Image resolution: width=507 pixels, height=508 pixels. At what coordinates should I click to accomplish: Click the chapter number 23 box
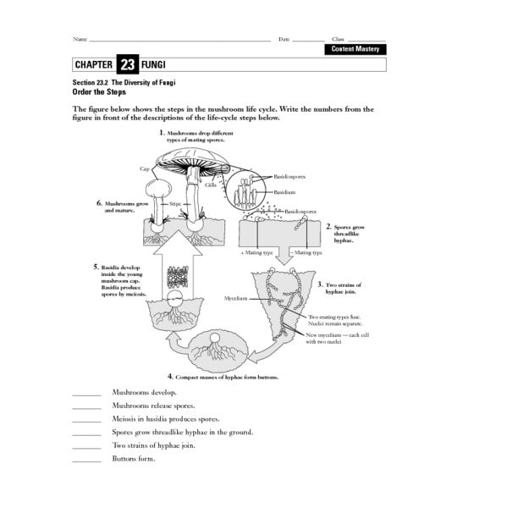(x=128, y=64)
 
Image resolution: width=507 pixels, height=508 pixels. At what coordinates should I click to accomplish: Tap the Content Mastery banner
(x=355, y=49)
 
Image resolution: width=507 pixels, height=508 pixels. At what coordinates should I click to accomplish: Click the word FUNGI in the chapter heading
(x=155, y=64)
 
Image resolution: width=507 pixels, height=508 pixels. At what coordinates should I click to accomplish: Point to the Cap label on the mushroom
(x=145, y=169)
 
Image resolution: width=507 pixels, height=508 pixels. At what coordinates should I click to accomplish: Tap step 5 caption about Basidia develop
(x=119, y=281)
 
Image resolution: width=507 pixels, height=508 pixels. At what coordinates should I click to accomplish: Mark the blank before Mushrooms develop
(x=86, y=393)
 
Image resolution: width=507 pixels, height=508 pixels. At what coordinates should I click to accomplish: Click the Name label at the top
(x=80, y=39)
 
